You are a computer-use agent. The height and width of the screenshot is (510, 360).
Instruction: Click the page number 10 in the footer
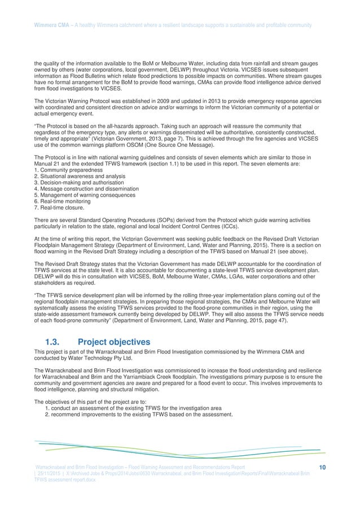(x=322, y=467)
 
